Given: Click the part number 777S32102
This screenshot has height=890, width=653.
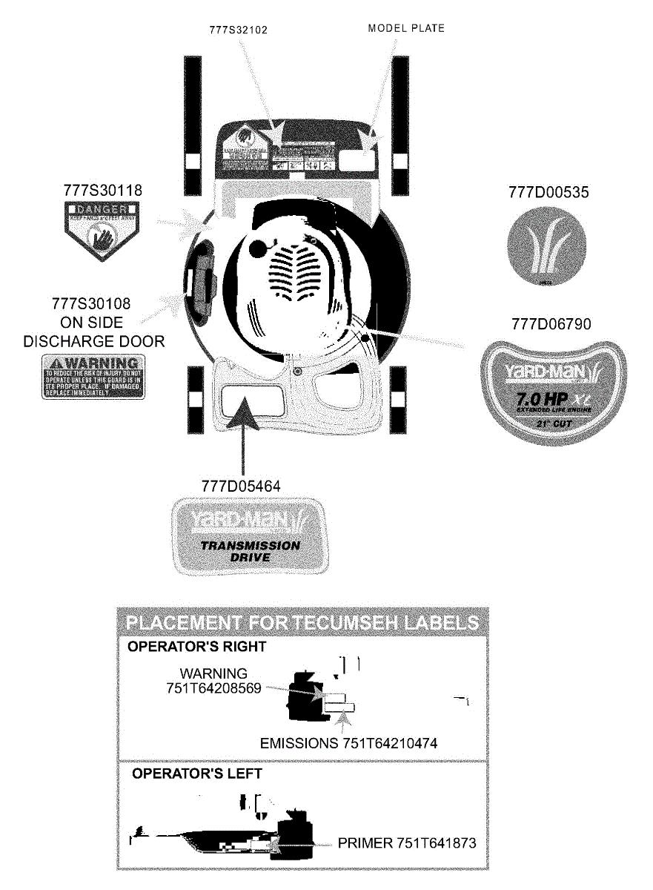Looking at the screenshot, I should tap(239, 30).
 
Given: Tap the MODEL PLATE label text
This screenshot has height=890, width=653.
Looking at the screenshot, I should tap(406, 29).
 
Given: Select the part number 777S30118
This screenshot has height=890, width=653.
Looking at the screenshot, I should tap(103, 191).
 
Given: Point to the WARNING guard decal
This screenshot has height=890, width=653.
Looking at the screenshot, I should tap(93, 376).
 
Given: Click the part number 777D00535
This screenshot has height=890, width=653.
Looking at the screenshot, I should tap(548, 192).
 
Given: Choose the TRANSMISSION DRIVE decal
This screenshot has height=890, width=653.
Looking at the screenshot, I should tap(251, 537).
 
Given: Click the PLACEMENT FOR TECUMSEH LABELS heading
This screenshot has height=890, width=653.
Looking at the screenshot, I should tap(302, 622).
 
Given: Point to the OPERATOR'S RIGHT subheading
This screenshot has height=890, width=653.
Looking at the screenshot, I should tap(196, 647).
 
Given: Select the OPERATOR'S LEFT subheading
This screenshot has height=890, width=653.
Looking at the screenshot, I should tap(196, 773).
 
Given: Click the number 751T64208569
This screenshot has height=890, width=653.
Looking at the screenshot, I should tap(214, 688).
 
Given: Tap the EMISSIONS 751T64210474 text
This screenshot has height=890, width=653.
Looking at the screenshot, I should tap(354, 743).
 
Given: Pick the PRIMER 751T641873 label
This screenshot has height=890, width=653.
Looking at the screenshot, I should tap(407, 843).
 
